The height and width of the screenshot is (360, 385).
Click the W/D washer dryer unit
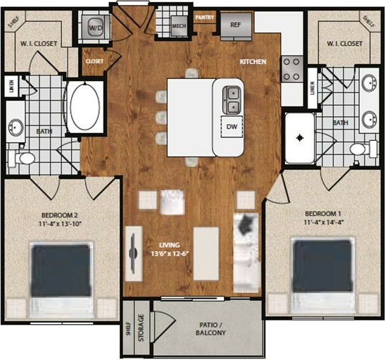[96, 27]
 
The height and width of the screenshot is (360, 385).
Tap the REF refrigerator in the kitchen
[236, 27]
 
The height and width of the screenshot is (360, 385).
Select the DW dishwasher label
[232, 127]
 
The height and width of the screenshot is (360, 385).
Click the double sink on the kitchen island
[232, 100]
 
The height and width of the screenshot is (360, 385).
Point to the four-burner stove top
[291, 69]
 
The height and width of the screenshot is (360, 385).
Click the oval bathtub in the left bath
[85, 107]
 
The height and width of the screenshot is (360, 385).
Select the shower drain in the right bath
[300, 137]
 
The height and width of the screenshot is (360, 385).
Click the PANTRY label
[205, 18]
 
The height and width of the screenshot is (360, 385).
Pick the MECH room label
[179, 26]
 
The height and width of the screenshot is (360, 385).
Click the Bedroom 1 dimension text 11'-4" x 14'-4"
[323, 222]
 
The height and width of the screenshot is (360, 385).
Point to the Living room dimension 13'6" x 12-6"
[170, 254]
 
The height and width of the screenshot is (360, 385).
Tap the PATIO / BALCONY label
[210, 329]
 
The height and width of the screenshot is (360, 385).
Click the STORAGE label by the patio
[141, 328]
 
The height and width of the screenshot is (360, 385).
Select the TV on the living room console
[133, 254]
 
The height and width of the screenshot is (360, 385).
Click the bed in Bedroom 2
[61, 280]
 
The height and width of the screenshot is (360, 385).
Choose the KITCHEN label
[253, 61]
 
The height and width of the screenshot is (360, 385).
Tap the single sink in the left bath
[16, 128]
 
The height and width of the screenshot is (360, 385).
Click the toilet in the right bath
[363, 148]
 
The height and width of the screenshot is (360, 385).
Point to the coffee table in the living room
[206, 254]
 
